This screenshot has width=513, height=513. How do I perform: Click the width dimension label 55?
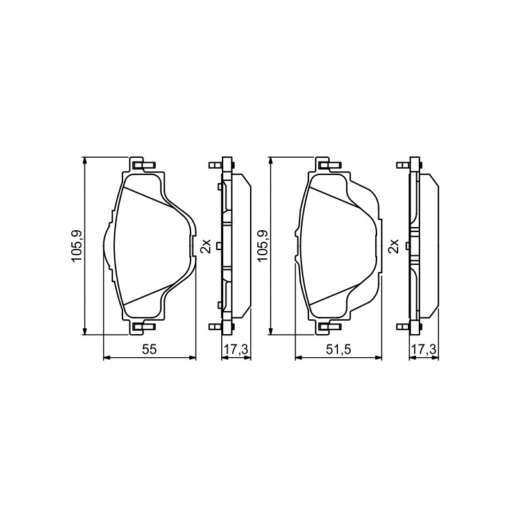pos(149,349)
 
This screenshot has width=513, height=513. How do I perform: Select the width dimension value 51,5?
pos(339,349)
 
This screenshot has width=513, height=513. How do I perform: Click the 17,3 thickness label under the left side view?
pos(236,349)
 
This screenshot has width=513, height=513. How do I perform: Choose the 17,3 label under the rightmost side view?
pos(424,349)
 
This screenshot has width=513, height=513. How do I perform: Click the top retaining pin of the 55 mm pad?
pos(144,165)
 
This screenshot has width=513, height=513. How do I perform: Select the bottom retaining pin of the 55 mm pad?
pos(144,326)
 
